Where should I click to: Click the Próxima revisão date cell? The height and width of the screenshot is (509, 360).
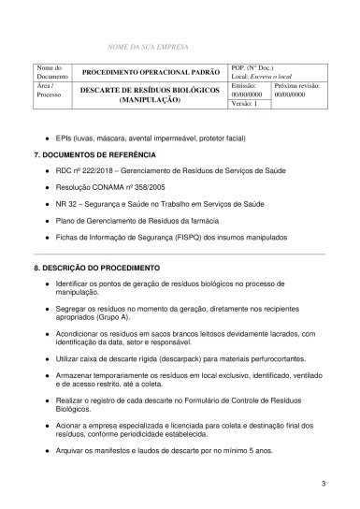pyautogui.click(x=296, y=90)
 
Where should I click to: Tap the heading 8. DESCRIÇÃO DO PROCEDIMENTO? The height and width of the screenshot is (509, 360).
pyautogui.click(x=96, y=268)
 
